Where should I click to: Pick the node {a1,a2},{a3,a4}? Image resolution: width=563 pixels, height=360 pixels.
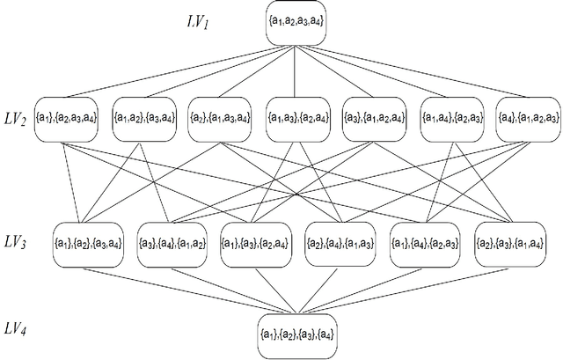tap(143, 118)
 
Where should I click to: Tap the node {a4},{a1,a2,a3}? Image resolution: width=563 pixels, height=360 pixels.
tap(527, 118)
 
